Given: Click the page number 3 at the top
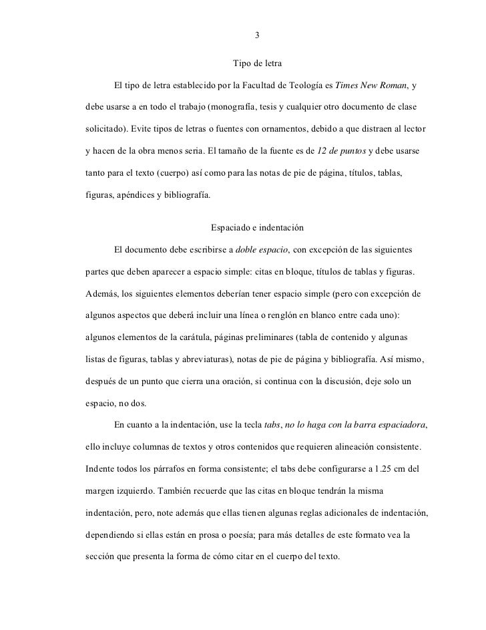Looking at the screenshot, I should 257,35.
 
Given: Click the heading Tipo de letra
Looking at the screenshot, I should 257,65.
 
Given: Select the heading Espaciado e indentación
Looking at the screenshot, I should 257,228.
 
